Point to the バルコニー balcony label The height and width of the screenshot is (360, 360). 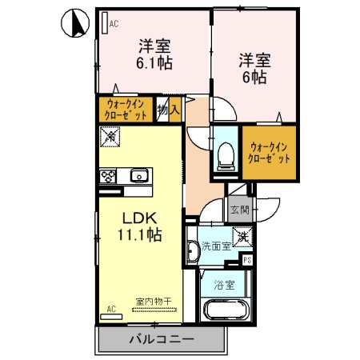161,340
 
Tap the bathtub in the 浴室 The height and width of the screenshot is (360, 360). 227,312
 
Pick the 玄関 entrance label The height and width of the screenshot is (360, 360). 239,210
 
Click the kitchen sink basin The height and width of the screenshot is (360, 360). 139,175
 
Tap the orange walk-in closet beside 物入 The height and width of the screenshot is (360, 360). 126,109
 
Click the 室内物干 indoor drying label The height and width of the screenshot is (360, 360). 148,301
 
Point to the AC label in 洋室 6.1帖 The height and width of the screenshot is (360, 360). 113,24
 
